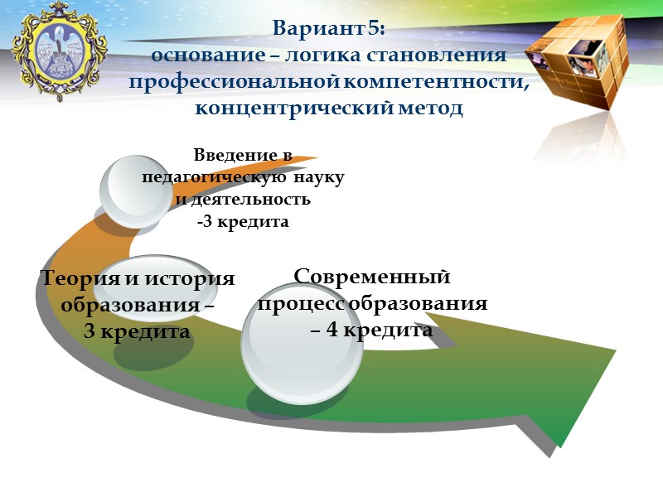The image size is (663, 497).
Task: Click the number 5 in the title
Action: tap(375, 29)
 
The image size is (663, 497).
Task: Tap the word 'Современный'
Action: tap(372, 276)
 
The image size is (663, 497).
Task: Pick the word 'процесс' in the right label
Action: tap(301, 303)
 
